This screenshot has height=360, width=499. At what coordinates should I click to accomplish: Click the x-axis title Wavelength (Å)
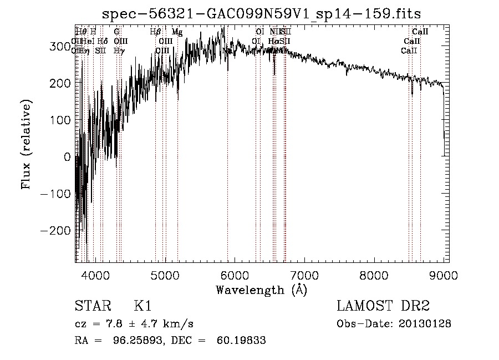click(261, 290)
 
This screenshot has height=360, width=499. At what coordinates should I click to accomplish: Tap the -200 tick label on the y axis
click(55, 230)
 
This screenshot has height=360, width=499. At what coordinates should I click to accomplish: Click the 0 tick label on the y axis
click(67, 156)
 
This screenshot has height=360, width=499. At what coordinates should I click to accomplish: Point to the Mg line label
click(177, 32)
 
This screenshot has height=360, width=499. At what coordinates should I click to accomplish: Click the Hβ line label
click(155, 32)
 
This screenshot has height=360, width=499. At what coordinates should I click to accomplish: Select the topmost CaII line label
click(420, 32)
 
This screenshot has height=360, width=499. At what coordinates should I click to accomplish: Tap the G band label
click(116, 32)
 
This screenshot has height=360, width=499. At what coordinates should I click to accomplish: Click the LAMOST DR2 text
click(383, 306)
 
